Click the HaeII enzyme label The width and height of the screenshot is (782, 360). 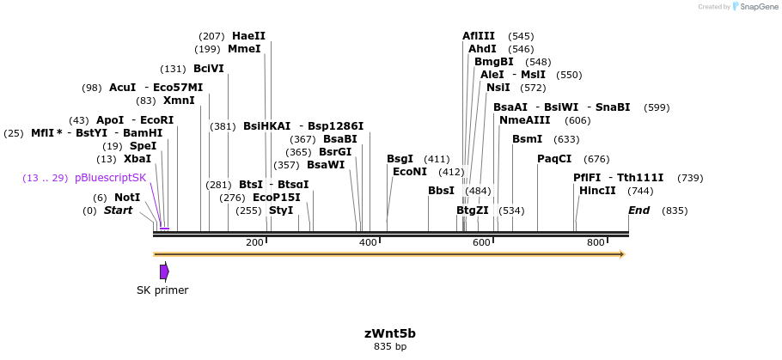248,36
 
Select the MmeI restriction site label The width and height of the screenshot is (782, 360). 244,49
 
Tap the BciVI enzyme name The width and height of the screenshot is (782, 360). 209,69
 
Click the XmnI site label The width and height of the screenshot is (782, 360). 179,101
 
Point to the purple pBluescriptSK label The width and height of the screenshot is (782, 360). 110,178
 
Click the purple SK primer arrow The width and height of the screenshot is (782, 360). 164,272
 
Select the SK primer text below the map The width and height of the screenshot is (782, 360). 162,290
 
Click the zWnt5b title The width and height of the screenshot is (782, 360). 390,333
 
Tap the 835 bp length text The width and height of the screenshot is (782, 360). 390,347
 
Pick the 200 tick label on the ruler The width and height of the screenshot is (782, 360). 254,243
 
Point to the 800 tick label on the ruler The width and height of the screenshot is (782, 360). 596,243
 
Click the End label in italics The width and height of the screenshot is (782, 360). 638,211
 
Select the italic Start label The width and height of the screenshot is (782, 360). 119,211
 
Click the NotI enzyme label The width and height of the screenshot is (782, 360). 127,198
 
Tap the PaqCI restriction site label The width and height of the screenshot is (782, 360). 554,159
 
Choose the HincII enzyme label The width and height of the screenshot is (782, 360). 597,191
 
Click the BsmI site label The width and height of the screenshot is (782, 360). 527,139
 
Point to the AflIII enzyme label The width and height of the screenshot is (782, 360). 479,36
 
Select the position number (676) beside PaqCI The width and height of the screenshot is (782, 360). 596,159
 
